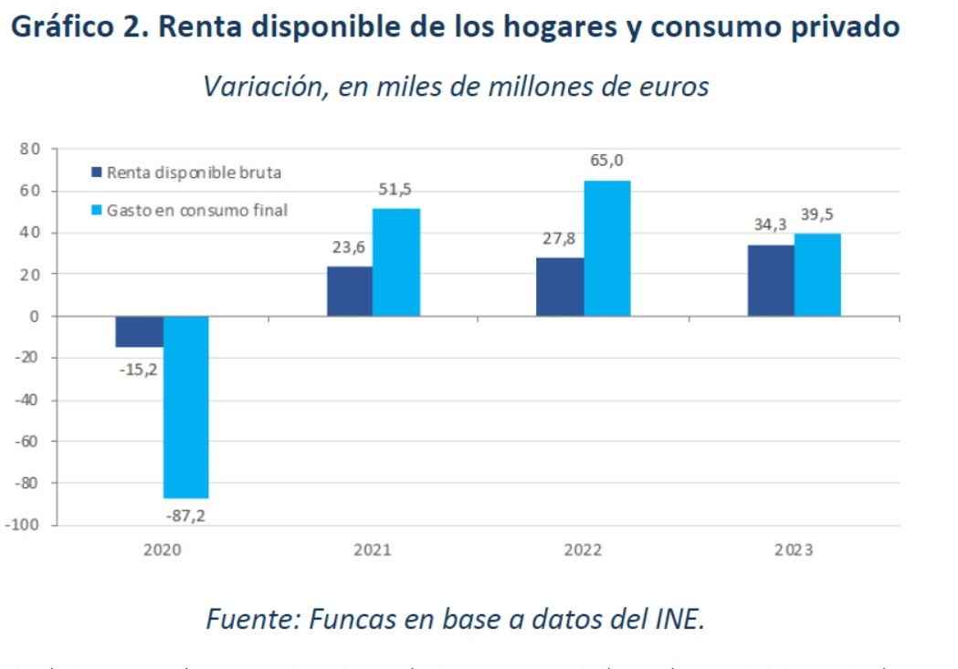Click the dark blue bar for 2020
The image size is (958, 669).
click(139, 331)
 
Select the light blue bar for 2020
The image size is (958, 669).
click(185, 407)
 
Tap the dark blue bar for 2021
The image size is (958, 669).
click(349, 291)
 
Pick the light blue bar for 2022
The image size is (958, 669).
click(606, 248)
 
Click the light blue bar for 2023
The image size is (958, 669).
click(817, 275)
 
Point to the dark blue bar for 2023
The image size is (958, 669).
click(771, 280)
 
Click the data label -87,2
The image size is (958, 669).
click(185, 516)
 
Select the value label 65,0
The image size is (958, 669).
click(608, 162)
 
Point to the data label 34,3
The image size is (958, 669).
click(771, 225)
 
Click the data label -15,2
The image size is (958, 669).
click(138, 368)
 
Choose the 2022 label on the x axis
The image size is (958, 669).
click(583, 550)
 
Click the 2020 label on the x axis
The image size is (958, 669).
click(162, 550)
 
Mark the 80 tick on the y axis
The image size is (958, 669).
click(32, 150)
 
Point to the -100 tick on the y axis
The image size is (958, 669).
click(25, 525)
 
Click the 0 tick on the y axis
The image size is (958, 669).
click(37, 317)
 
